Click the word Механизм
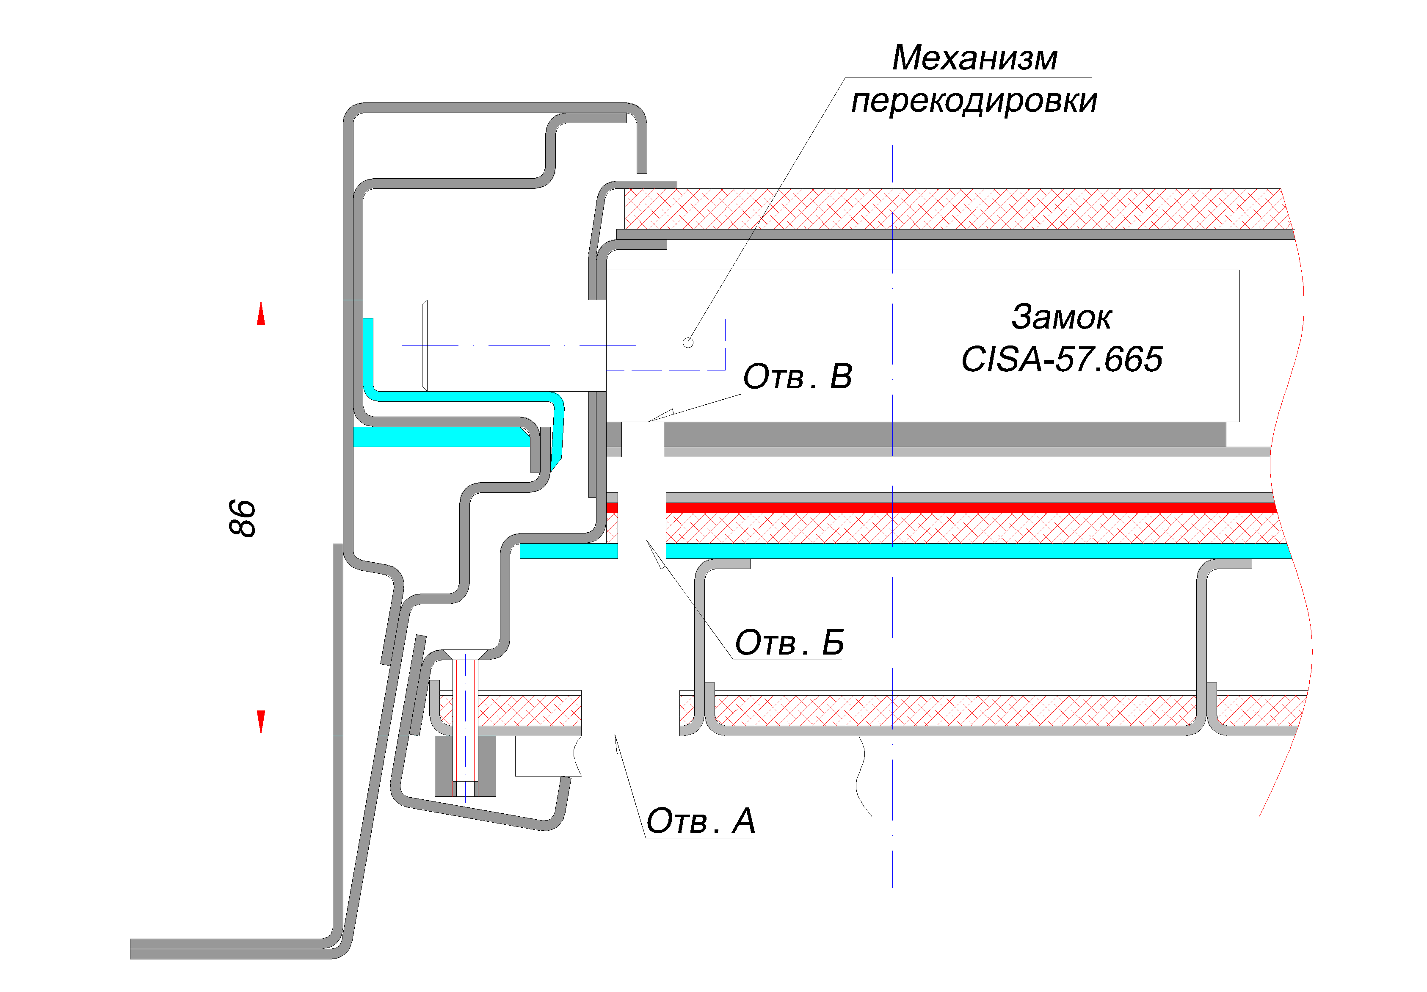(974, 58)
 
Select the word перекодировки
(974, 101)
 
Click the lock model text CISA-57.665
(1062, 359)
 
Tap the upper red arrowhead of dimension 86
(261, 312)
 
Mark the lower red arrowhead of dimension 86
(261, 723)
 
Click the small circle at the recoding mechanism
(688, 343)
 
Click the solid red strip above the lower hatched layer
(971, 508)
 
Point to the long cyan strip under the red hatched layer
(978, 551)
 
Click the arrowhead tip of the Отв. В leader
(648, 421)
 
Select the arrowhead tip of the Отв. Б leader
(646, 539)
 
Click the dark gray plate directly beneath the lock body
(945, 434)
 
